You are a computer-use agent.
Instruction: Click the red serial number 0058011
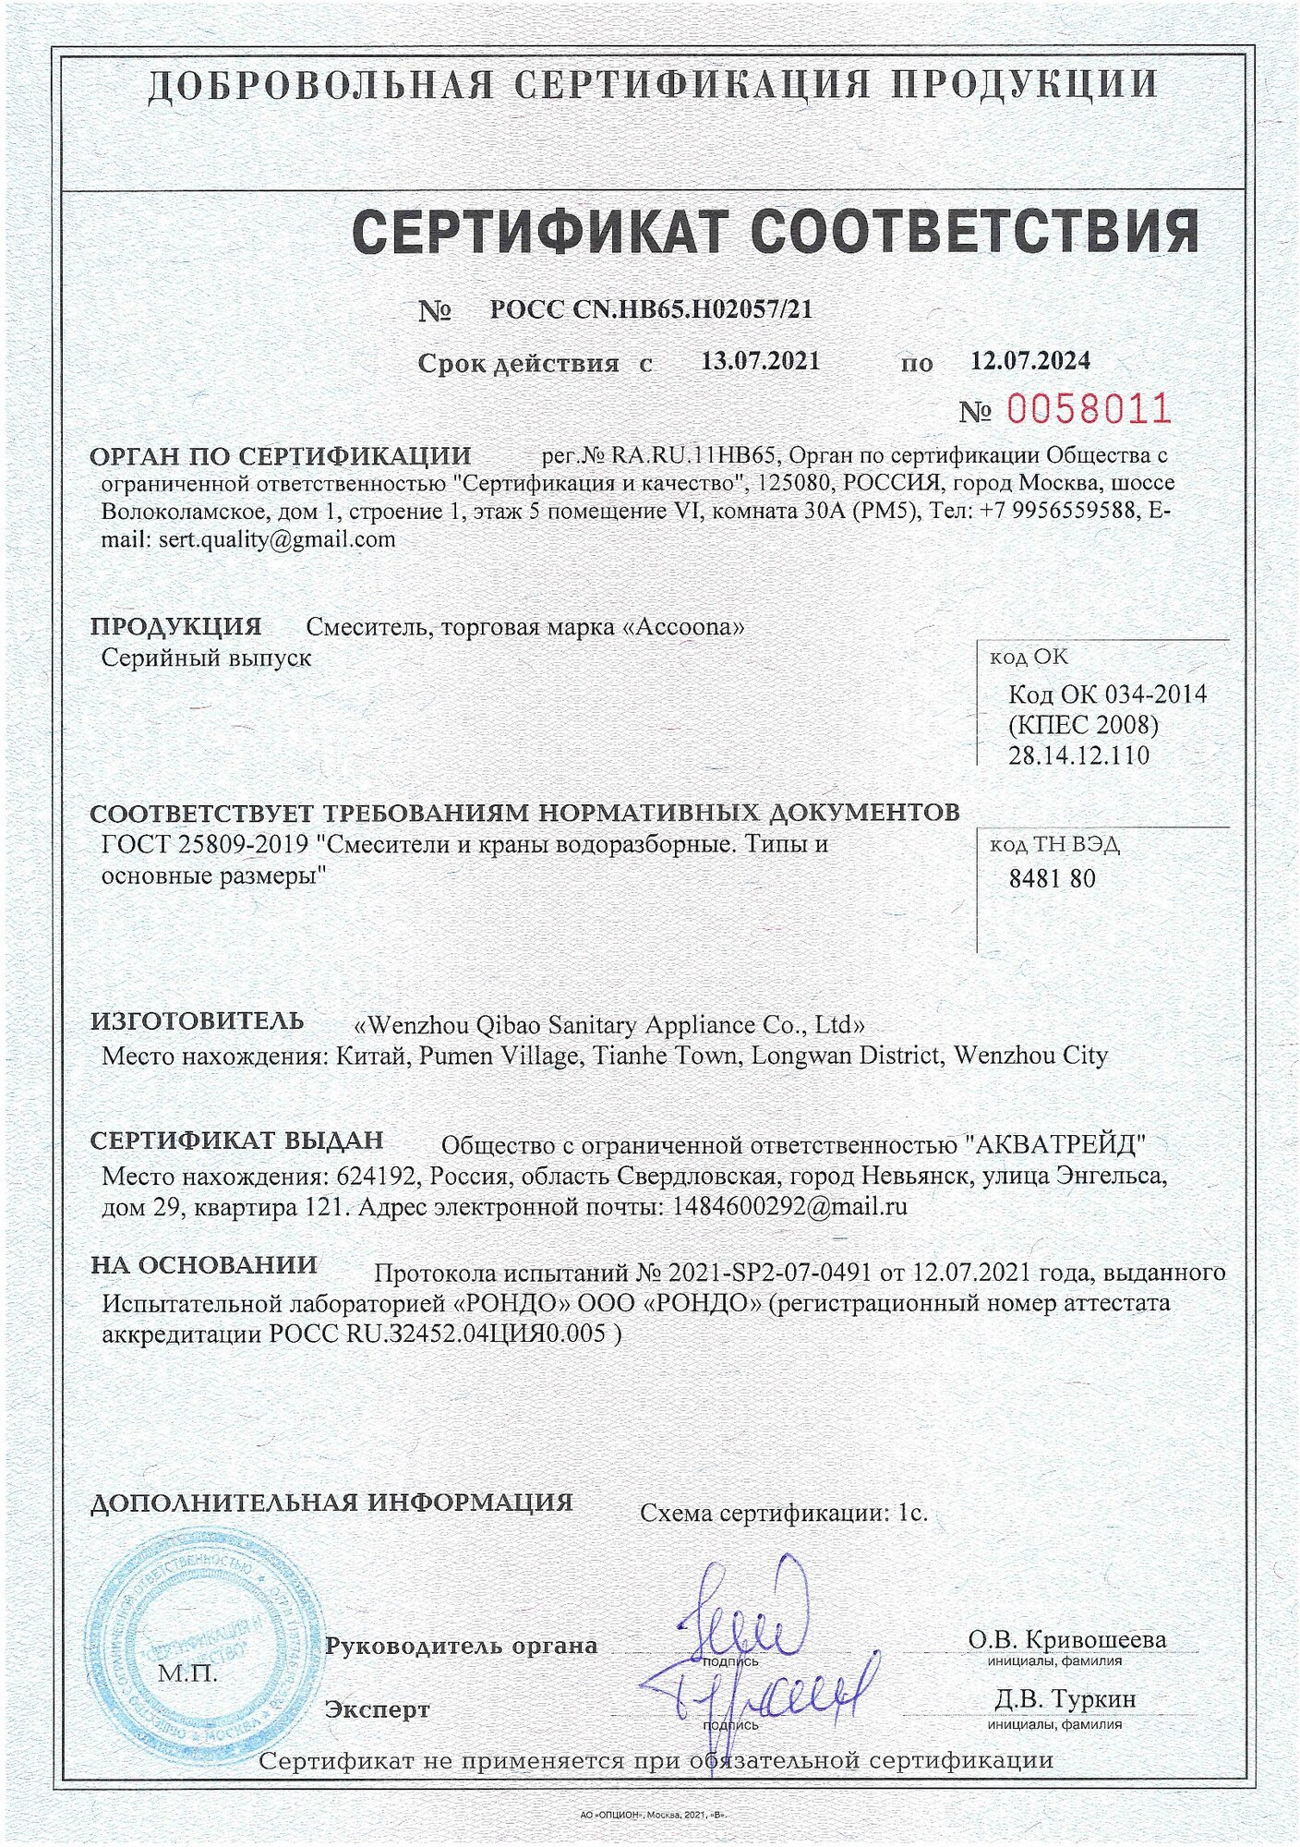[x=1088, y=408]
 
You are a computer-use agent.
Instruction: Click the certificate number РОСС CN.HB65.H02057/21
[x=651, y=309]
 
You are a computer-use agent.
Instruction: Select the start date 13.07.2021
[x=760, y=360]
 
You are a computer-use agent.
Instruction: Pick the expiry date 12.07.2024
[x=1029, y=360]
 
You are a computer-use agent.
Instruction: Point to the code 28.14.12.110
[x=1078, y=755]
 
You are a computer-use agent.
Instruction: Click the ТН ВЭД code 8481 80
[x=1052, y=878]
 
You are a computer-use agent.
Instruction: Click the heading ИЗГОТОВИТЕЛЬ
[x=197, y=1020]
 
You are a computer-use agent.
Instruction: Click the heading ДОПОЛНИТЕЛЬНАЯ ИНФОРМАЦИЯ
[x=331, y=1502]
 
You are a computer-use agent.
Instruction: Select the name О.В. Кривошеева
[x=1066, y=1639]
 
